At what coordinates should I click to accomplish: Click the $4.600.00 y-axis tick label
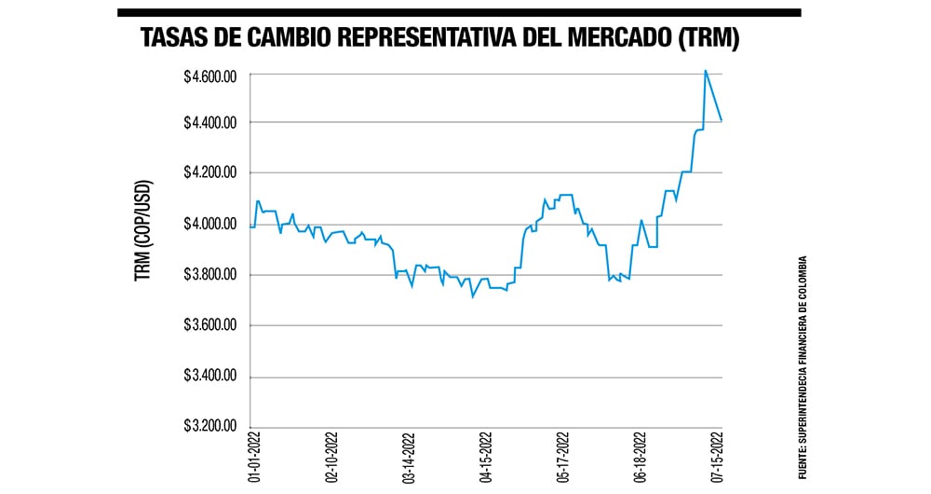(x=209, y=74)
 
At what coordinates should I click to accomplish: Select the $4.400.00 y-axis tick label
(x=209, y=123)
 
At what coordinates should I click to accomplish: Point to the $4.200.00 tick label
(x=209, y=173)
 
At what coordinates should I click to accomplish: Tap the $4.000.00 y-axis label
(x=209, y=225)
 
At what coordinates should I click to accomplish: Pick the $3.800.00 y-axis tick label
(x=209, y=275)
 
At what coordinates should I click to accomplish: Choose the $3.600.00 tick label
(x=209, y=325)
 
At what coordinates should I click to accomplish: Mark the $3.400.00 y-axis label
(x=209, y=377)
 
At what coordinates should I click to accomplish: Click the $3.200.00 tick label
(x=209, y=427)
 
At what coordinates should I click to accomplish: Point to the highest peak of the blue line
(x=705, y=70)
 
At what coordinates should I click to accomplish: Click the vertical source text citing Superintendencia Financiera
(x=802, y=367)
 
